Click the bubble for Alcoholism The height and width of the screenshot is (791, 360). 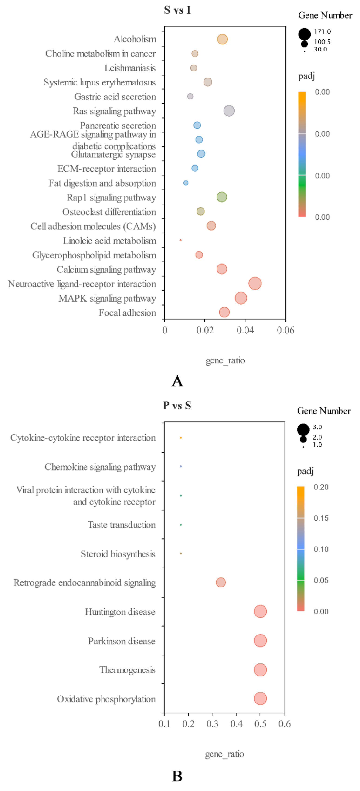coord(222,39)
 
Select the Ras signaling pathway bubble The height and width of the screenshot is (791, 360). coord(229,111)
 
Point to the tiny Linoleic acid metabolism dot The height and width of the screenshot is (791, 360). coord(180,240)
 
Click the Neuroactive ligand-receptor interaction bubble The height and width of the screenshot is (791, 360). coord(255,283)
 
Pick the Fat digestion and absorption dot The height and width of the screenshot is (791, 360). coord(186,183)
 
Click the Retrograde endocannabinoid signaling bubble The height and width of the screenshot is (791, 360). coord(221,582)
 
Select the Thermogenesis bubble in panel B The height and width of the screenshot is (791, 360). coord(260,670)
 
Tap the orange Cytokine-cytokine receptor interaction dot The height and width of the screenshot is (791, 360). coord(181,438)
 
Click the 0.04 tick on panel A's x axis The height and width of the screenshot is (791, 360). coord(245,330)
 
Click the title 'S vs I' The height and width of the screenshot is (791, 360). coord(177,10)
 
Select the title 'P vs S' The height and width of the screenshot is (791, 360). coord(177,405)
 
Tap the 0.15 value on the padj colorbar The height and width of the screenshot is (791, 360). coord(321,518)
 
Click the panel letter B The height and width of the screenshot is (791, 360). coord(177,776)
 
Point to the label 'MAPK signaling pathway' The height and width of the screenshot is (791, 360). coord(107,298)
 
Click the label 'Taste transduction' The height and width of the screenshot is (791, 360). coord(122,525)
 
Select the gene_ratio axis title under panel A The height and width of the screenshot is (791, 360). coord(225,360)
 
